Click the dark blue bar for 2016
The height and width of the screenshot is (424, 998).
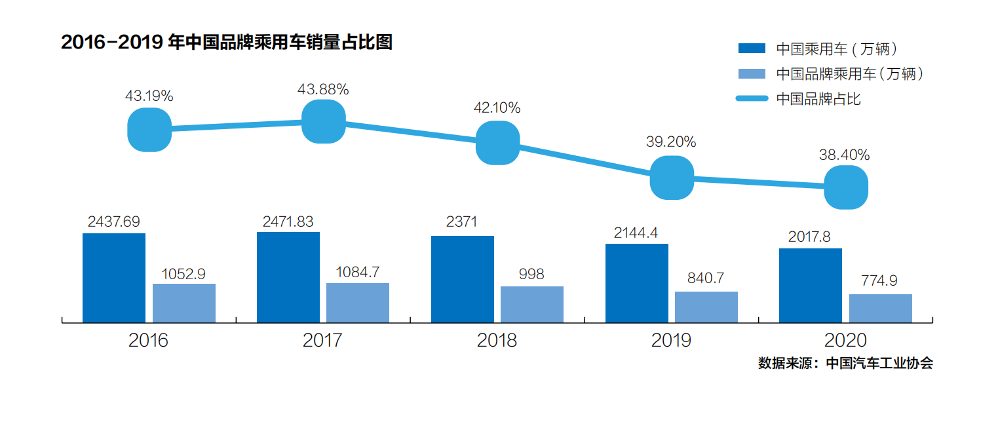tap(114, 278)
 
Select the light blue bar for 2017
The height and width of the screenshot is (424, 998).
tap(358, 303)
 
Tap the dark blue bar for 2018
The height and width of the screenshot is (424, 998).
tap(463, 279)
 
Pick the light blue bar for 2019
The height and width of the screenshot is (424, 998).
tap(706, 307)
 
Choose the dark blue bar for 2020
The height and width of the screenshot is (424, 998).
tap(811, 286)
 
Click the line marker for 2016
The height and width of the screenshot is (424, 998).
tap(149, 130)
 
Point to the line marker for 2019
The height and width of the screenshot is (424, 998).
tap(672, 178)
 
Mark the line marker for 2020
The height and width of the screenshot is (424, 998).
tap(846, 187)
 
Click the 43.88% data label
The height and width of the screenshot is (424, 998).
tap(323, 89)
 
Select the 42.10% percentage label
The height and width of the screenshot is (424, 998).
tap(497, 107)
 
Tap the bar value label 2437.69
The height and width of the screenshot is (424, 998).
tap(114, 222)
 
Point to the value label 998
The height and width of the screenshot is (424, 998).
tap(531, 275)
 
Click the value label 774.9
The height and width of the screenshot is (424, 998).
tap(879, 281)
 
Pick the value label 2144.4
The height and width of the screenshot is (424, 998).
tap(637, 233)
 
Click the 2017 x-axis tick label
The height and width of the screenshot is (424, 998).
tap(322, 341)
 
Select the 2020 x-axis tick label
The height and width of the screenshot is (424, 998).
tap(845, 341)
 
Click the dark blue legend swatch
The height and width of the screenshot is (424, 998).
tap(752, 48)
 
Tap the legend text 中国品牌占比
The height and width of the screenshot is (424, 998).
tap(818, 99)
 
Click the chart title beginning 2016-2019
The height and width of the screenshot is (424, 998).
tap(227, 43)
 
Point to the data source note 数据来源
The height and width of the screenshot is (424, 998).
tap(845, 363)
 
